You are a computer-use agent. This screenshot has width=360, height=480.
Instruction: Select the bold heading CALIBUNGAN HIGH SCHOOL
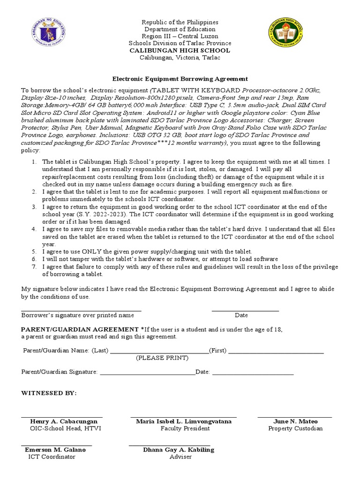180,50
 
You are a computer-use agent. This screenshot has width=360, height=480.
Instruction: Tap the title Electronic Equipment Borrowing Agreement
180,79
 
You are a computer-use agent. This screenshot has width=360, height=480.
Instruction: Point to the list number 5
34,252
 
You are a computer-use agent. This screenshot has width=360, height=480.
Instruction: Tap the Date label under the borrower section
241,315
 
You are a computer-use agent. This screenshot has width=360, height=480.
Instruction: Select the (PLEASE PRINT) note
162,358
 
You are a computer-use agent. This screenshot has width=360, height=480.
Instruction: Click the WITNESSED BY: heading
49,393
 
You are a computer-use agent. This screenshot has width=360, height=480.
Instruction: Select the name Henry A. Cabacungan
64,421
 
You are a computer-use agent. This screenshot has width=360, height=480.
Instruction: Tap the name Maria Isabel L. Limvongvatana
184,421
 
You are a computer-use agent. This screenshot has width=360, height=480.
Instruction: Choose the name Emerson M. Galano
55,450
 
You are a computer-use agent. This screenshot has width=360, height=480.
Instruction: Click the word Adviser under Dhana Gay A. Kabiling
180,457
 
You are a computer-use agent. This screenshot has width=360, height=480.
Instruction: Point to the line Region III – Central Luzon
180,37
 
